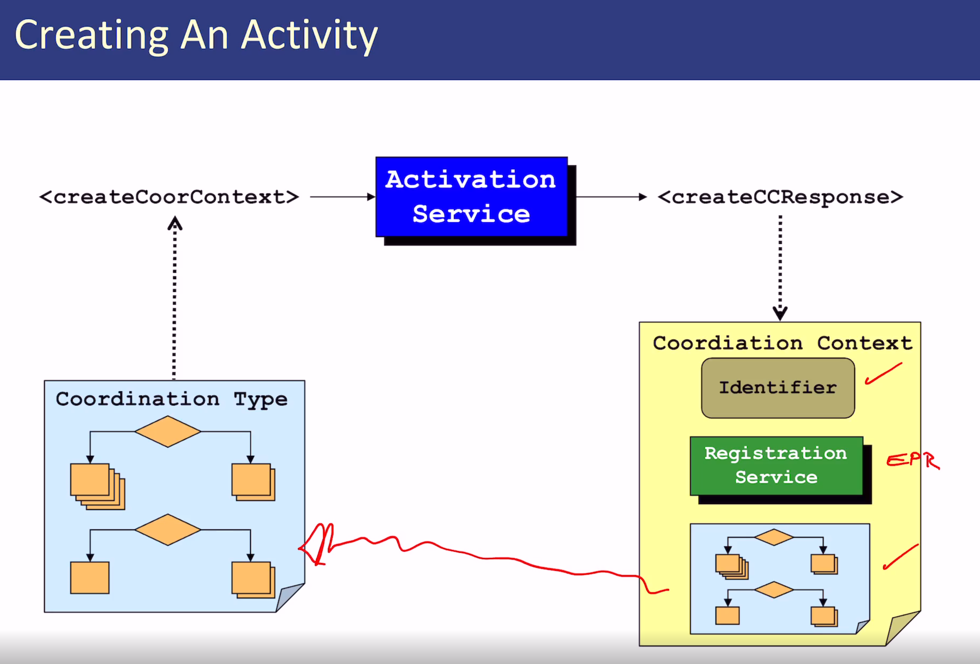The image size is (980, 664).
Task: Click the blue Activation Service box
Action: (x=471, y=197)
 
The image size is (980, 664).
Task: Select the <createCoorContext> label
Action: (x=169, y=197)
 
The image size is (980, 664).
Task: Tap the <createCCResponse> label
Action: (x=780, y=197)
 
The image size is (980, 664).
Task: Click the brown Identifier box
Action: (x=778, y=387)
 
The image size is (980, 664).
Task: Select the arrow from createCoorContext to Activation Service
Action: (x=342, y=197)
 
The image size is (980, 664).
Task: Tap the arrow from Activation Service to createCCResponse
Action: (x=611, y=197)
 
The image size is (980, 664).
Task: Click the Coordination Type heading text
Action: (x=172, y=398)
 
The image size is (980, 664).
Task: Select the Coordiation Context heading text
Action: (x=782, y=343)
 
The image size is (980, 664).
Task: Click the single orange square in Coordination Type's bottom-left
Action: (x=90, y=578)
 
